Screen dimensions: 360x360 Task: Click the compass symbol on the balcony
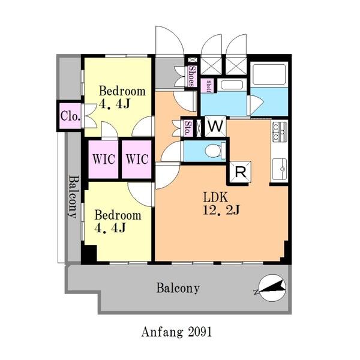(272, 288)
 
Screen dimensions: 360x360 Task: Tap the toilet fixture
(215, 151)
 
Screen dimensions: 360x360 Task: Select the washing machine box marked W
(215, 126)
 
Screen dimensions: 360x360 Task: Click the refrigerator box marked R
(240, 172)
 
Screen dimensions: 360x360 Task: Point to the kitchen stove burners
(280, 131)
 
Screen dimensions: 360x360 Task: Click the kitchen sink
(279, 169)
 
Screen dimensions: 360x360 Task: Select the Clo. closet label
(70, 116)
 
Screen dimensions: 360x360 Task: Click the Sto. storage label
(188, 128)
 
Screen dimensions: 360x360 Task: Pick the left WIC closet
(104, 159)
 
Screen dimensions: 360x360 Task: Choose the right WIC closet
(137, 159)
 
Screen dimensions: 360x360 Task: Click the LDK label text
(215, 197)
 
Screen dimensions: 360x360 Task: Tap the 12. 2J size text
(221, 210)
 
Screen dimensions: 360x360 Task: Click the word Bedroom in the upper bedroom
(122, 91)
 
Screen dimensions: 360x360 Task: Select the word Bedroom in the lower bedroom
(118, 215)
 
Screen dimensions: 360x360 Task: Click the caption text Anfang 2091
(176, 332)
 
